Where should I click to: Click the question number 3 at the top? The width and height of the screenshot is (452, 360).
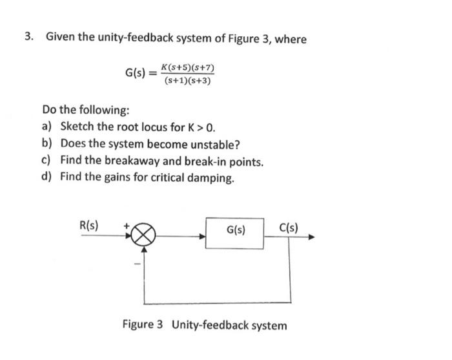pos(28,38)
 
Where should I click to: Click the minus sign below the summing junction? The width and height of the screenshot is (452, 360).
pos(136,262)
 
